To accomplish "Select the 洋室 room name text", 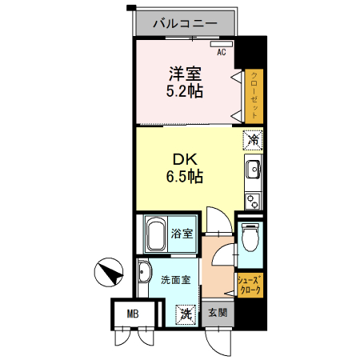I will point(184,73).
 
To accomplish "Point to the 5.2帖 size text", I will point(184,90).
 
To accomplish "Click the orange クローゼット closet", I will point(254,95).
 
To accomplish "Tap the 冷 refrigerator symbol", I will point(253,139).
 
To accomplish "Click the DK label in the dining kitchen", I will point(183,158).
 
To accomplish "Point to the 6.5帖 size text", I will point(183,176).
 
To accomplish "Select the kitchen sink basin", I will point(252,170).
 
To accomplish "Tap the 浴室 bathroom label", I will point(182,234).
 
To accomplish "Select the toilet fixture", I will point(250,237).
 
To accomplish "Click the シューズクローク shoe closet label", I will point(250,284).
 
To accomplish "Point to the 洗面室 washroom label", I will point(174,280).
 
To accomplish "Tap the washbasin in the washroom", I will point(144,273).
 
